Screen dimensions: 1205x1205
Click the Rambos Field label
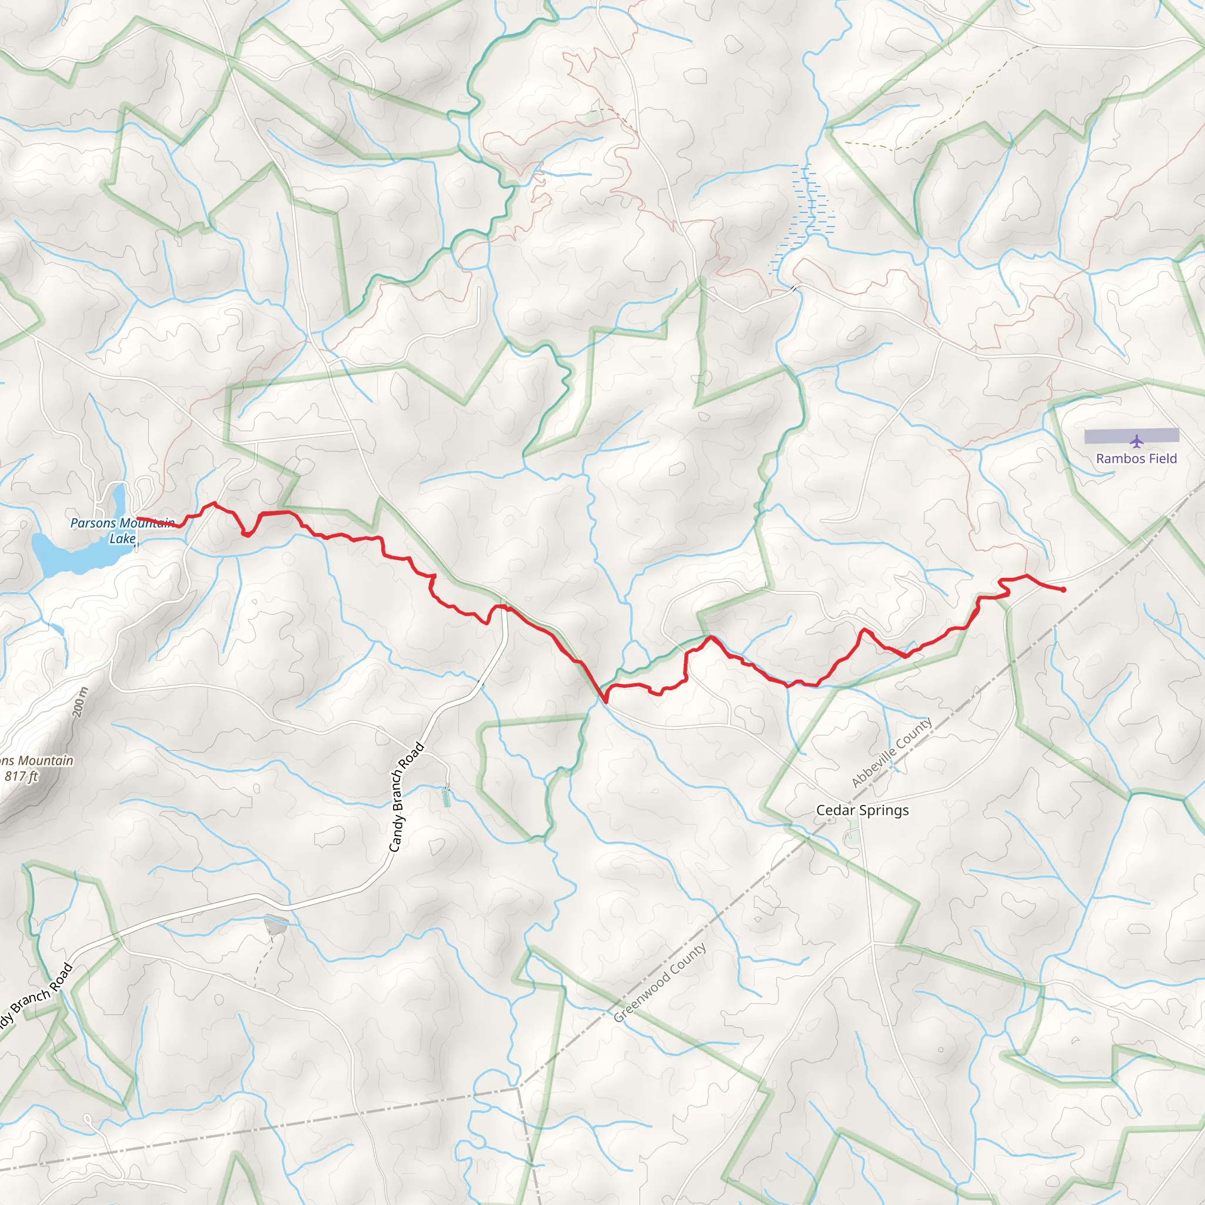click(1136, 458)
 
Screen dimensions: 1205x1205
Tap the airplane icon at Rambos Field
click(1137, 442)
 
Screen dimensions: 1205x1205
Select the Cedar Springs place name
click(863, 810)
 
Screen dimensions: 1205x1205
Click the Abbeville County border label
click(892, 752)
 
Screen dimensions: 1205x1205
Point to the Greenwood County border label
click(660, 983)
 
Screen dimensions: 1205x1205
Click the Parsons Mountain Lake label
click(122, 531)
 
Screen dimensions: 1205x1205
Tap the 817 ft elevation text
click(22, 776)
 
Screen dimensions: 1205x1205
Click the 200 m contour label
click(80, 702)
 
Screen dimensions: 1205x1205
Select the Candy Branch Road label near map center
click(406, 797)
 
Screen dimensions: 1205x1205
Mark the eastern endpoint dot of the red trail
click(1063, 590)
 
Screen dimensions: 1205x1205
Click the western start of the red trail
click(138, 518)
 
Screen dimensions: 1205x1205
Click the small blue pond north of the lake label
click(118, 497)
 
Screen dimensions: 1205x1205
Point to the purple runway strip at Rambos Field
click(1131, 436)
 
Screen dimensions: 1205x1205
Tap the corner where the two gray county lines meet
click(518, 1088)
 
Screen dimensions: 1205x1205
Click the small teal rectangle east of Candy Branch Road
click(446, 798)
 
